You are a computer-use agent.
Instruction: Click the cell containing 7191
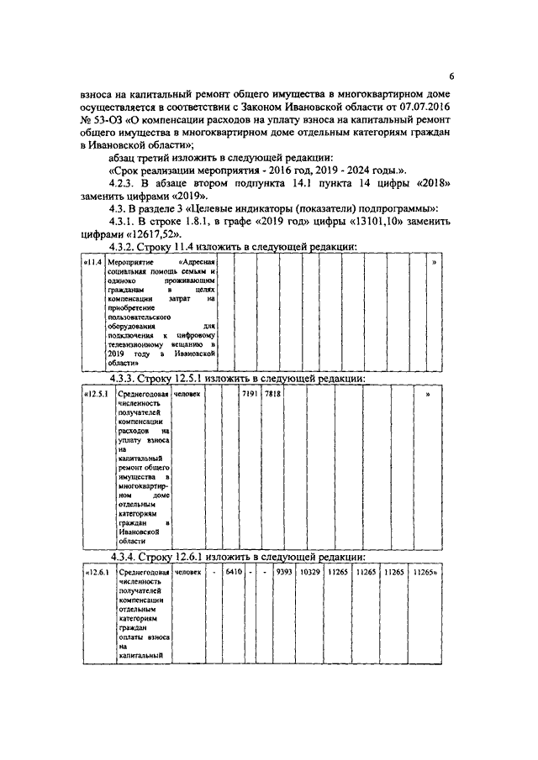[x=249, y=395]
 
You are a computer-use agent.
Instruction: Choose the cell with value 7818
[x=272, y=395]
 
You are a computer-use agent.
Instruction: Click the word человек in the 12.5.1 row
[x=187, y=395]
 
